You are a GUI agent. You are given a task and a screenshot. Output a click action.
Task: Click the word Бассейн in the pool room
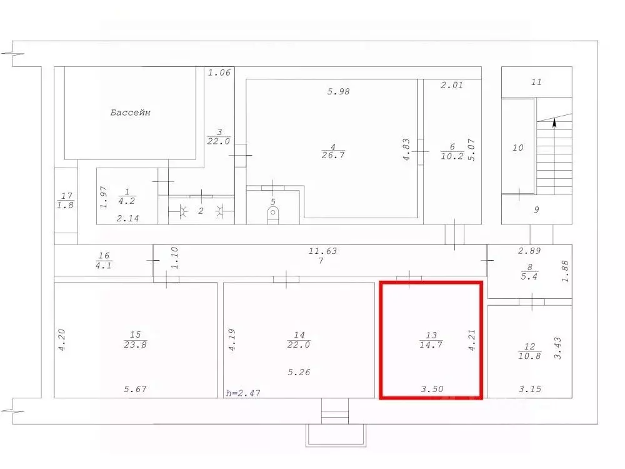point(131,113)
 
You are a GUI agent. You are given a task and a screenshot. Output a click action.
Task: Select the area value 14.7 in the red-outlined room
point(431,345)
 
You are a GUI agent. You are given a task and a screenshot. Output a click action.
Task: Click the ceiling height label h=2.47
point(243,393)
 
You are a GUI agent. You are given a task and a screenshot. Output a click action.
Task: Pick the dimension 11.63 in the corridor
point(322,251)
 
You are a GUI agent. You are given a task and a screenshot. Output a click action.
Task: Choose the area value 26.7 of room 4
point(333,154)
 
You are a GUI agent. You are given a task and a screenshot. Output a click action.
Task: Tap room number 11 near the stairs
point(536,82)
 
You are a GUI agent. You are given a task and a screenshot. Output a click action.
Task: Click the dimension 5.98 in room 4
point(338,91)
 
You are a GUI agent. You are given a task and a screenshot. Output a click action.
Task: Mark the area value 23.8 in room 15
point(135,345)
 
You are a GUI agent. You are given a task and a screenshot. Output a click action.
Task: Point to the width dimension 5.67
point(135,389)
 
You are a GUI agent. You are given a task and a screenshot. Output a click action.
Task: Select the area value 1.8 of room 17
point(66,205)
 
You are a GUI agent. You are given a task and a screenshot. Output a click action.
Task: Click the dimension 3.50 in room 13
point(432,389)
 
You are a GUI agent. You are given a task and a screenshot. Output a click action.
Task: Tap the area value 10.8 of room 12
point(529,356)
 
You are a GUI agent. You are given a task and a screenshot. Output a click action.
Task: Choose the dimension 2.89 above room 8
point(529,251)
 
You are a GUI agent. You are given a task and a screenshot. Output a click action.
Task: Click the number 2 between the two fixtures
point(201,211)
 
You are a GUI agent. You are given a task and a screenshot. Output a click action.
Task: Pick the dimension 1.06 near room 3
point(219,73)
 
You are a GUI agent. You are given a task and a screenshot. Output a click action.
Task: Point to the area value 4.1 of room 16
point(104,265)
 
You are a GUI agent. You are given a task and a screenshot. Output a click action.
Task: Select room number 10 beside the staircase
point(517,148)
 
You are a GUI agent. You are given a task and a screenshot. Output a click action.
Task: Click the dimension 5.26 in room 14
point(299,372)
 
